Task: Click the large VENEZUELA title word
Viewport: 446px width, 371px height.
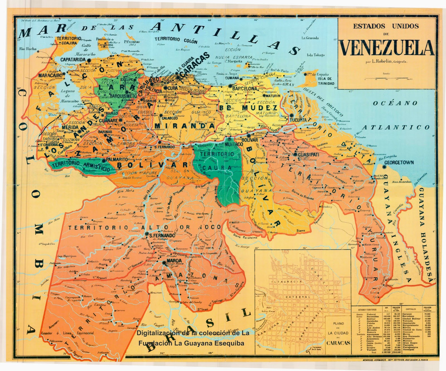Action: (387, 48)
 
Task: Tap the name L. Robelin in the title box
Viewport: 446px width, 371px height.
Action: (382, 62)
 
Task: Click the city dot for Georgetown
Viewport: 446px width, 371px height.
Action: (384, 167)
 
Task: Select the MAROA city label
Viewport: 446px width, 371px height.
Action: (174, 260)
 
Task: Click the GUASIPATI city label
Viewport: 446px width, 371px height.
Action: (308, 154)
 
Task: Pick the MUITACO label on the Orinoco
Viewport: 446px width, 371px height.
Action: (234, 144)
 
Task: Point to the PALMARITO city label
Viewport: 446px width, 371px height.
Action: (117, 159)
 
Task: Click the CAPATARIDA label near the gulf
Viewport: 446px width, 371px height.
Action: (73, 59)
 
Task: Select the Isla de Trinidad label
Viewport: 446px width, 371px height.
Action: (326, 81)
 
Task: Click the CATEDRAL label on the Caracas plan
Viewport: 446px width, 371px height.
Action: (297, 297)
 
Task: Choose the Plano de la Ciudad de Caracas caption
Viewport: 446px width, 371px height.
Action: (338, 333)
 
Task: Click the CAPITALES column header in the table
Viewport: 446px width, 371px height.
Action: (411, 309)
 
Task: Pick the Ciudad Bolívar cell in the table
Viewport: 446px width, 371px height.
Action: (411, 319)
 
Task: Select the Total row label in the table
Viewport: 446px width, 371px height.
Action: (373, 353)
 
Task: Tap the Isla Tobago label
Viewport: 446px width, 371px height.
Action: (316, 55)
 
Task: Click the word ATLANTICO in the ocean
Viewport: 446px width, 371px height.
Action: (396, 128)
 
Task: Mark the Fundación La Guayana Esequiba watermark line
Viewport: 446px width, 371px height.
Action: (191, 343)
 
